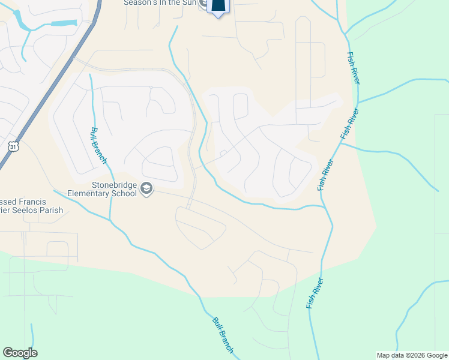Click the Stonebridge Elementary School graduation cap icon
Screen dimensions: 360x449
point(146,190)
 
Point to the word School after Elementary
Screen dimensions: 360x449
point(124,194)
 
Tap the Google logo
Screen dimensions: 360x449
point(20,353)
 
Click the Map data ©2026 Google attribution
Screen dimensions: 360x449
point(412,355)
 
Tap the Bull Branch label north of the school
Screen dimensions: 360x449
point(98,145)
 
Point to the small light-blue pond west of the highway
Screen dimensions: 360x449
point(63,23)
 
